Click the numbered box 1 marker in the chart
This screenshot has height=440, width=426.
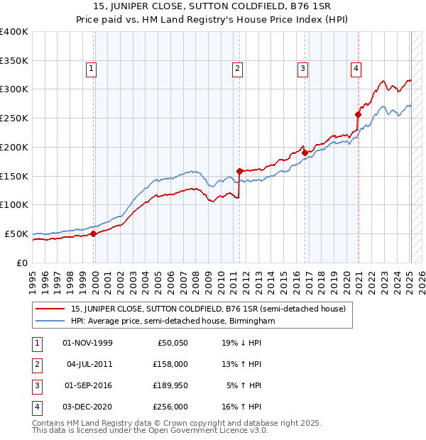pos(92,69)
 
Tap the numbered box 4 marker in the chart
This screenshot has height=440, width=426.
pos(355,69)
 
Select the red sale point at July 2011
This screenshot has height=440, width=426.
pos(240,170)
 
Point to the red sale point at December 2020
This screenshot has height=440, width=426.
pos(359,114)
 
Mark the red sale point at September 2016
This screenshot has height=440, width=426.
pos(305,152)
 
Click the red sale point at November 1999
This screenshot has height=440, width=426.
pos(93,233)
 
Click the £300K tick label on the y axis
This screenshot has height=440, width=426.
pos(14,89)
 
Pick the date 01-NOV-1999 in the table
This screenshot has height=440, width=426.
pos(88,343)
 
